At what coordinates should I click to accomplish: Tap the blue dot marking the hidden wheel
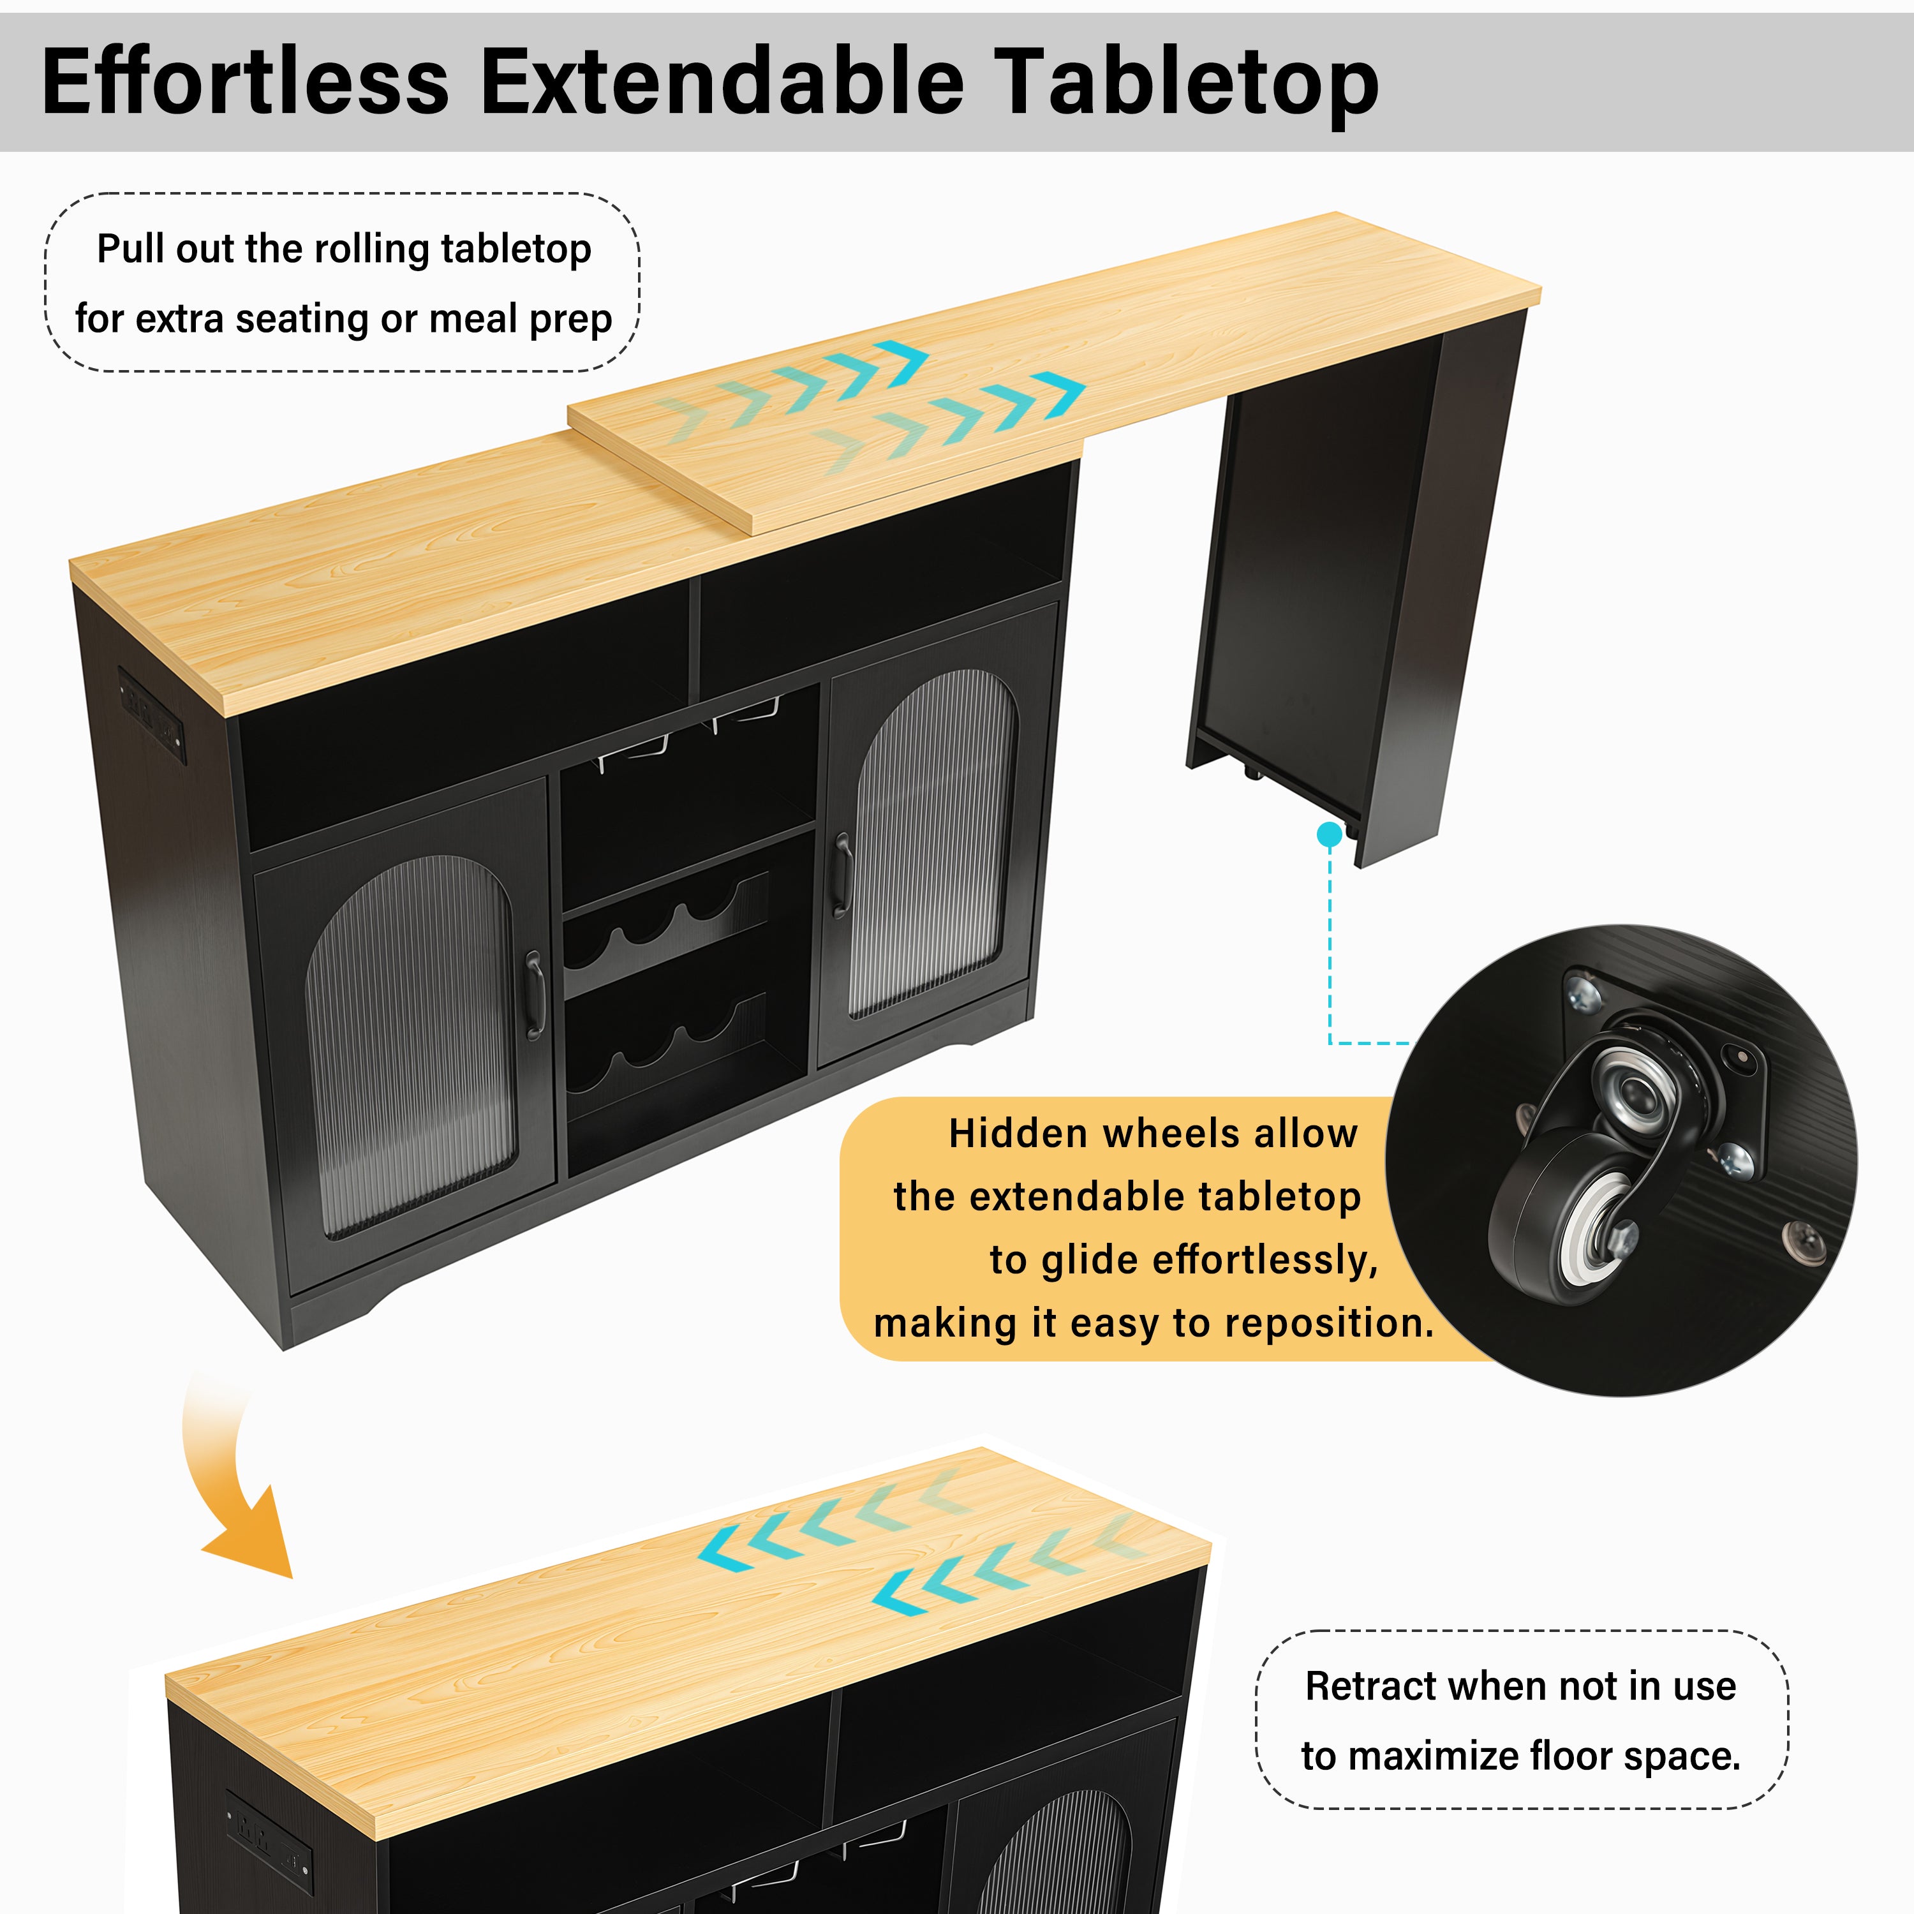1330,835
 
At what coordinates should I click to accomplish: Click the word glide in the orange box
1090,1262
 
